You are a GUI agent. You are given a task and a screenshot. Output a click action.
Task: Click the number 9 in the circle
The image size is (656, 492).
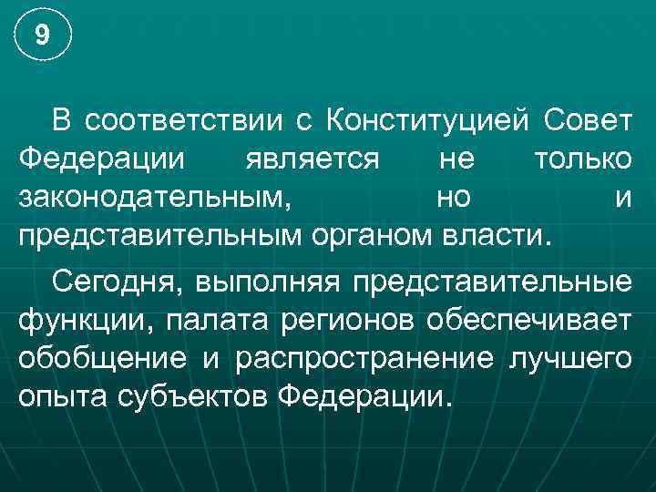41,36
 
